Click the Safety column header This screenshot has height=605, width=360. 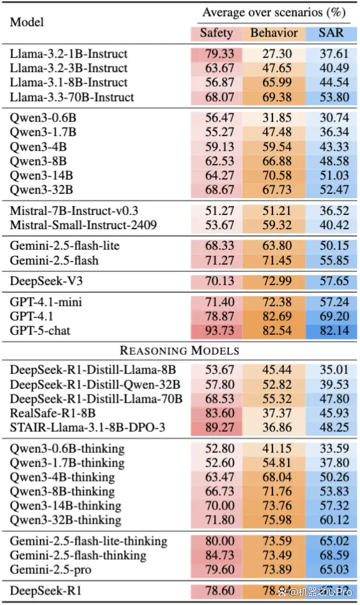coord(216,33)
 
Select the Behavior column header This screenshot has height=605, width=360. coord(274,33)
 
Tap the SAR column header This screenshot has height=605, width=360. coord(331,33)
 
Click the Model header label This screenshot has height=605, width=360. coord(27,22)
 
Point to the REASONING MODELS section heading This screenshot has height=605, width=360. coord(179,350)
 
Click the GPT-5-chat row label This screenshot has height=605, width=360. coord(40,330)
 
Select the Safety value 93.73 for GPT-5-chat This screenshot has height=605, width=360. coord(220,330)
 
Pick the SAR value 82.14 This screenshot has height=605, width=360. coord(334,330)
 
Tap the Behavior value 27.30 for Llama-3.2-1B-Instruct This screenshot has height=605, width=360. coord(277,53)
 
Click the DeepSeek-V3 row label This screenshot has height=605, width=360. coord(47,281)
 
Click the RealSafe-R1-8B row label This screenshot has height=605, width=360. coord(52,413)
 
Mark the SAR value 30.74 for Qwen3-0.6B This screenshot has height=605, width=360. coord(334,117)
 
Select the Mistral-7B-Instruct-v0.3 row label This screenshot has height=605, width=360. coord(74,211)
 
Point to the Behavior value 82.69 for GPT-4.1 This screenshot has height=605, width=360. coord(277,316)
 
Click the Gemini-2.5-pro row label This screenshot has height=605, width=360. coord(50,570)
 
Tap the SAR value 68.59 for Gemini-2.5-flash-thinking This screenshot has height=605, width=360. coord(334,555)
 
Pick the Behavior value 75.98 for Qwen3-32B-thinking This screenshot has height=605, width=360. coord(277,520)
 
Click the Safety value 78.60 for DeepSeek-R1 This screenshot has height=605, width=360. coord(220,591)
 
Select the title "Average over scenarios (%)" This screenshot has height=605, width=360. coord(274,12)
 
